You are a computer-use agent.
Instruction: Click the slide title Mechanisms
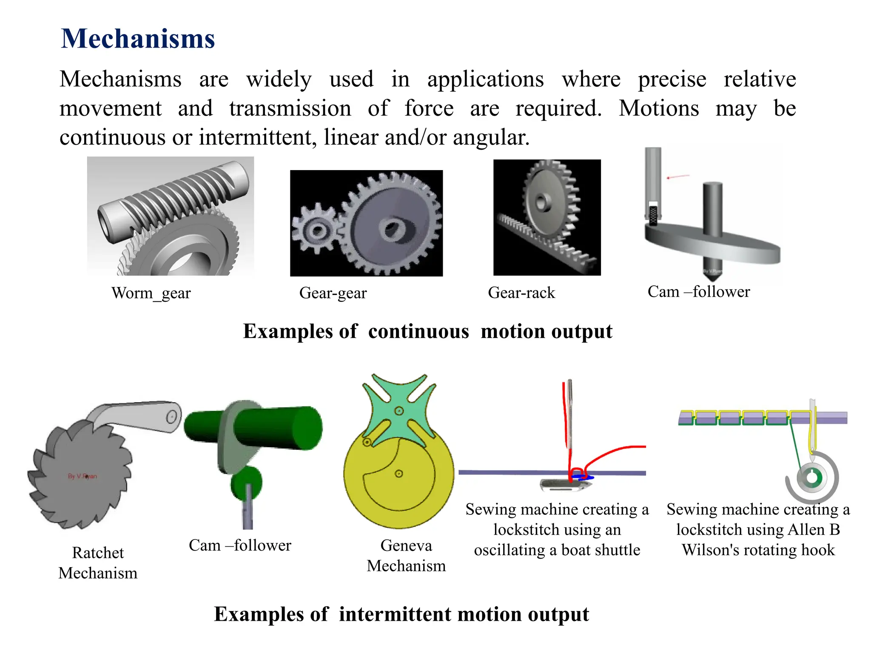pos(138,39)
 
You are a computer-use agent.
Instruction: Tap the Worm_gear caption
pos(151,293)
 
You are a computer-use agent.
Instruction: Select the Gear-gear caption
pos(333,293)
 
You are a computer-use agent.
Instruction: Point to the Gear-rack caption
pos(521,293)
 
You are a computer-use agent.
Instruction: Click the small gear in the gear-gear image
pos(317,230)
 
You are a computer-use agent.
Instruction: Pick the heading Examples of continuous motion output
pos(427,331)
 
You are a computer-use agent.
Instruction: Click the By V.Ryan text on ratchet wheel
pos(83,476)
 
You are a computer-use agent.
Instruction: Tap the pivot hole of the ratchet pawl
pos(171,417)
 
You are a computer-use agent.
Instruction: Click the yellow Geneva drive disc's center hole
pos(399,474)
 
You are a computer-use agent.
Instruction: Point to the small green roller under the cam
pos(246,483)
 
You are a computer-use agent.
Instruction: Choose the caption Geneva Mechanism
pos(406,555)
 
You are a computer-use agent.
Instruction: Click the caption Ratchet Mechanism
pos(98,563)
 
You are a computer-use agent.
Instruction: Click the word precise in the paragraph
pos(672,79)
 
